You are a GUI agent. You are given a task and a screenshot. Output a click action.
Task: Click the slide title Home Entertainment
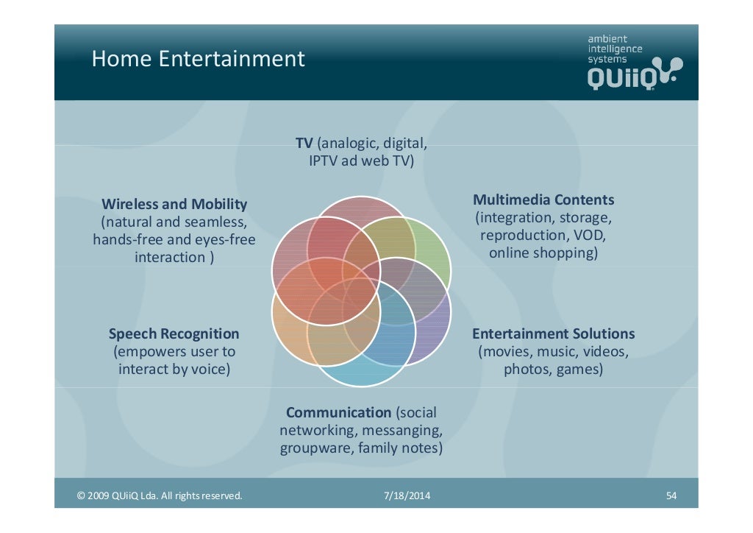coord(198,59)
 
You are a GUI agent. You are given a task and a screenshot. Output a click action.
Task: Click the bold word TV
coord(304,142)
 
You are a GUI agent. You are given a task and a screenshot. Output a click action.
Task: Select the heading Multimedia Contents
coord(543,200)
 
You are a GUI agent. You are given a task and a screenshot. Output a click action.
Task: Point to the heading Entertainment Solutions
coord(553,334)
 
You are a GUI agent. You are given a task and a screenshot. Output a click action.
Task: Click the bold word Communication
coord(338,413)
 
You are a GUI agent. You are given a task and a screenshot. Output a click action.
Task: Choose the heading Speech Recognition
coord(174,334)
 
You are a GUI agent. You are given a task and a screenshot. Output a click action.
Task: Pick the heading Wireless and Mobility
coord(174,204)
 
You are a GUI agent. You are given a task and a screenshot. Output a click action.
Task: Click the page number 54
coord(671,496)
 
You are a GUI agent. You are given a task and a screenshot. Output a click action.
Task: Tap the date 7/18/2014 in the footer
coord(407,496)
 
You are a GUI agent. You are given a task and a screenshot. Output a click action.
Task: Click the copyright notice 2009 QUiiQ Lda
coord(160,496)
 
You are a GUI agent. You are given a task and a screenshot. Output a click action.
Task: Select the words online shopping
coord(543,253)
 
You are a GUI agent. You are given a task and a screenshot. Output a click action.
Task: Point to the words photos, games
coord(553,370)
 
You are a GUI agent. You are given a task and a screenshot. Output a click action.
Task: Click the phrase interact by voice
coord(174,370)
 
